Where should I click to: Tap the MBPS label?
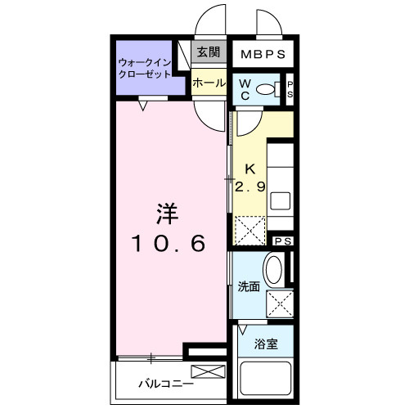pos(261,56)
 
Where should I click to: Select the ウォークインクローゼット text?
pos(144,67)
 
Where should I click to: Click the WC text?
pos(245,89)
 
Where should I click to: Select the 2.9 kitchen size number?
pos(250,187)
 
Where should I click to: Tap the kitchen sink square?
pos(280,200)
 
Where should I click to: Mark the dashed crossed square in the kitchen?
pos(251,229)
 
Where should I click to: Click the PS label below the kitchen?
pos(282,241)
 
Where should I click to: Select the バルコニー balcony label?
pos(165,383)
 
